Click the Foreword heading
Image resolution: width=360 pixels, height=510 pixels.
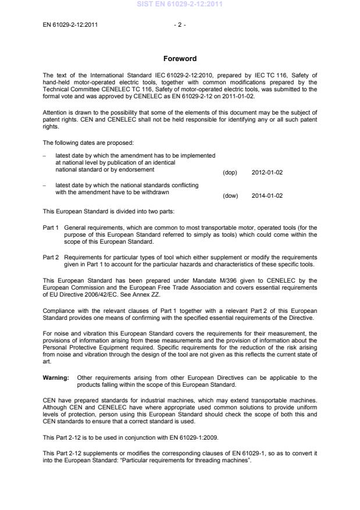[x=180, y=59]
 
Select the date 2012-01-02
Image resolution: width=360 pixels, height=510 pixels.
[x=268, y=173]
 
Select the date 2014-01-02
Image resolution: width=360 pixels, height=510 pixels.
[x=268, y=196]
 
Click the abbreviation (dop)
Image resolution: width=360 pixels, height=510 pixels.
[x=230, y=173]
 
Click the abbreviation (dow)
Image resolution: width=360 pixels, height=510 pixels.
[x=230, y=196]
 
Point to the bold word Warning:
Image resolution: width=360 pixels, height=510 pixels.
[x=56, y=377]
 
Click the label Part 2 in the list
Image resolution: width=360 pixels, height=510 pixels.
[x=51, y=256]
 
